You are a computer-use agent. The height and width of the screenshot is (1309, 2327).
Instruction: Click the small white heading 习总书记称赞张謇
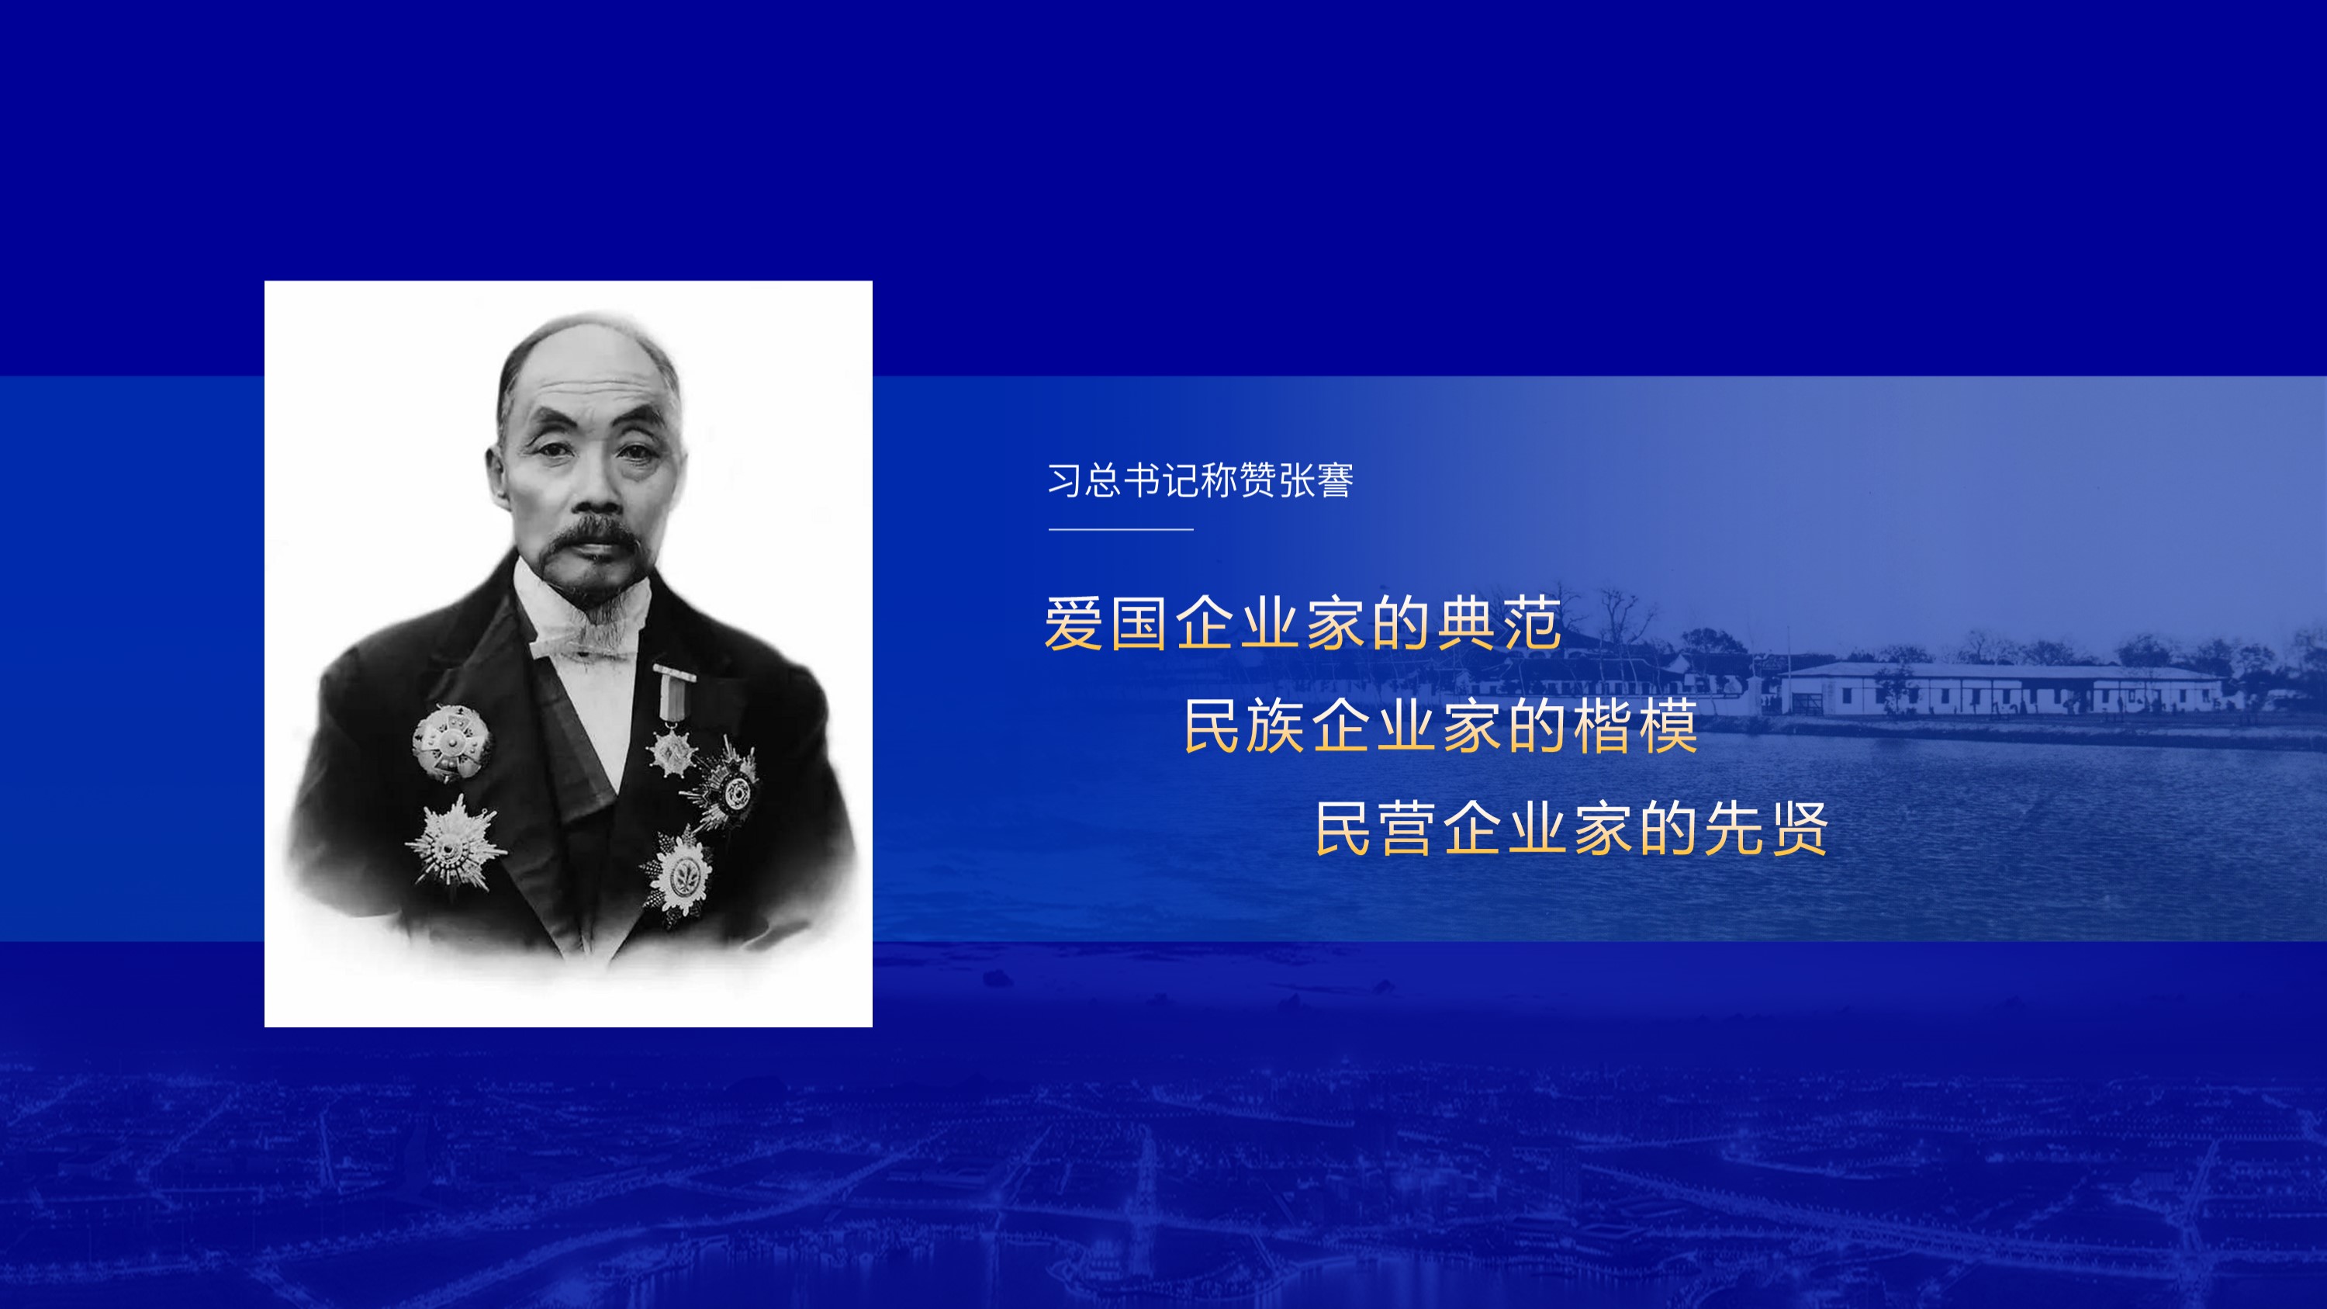click(1201, 480)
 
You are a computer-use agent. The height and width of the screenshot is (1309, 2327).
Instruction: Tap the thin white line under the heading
click(1121, 529)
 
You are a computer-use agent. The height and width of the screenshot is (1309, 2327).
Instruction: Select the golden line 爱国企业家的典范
click(1302, 623)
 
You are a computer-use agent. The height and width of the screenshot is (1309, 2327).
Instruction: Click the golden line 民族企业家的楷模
click(1441, 726)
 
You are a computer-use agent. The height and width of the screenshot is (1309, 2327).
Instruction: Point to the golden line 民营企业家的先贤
click(1572, 829)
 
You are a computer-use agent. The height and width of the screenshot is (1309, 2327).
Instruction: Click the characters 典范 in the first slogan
click(1499, 623)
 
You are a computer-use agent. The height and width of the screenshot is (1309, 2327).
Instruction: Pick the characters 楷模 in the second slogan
click(1636, 726)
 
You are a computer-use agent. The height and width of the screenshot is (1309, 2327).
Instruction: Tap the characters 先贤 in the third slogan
click(1767, 829)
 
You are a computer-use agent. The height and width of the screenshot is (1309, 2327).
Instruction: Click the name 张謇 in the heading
click(1316, 480)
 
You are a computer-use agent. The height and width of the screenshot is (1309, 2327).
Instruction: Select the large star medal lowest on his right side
click(455, 843)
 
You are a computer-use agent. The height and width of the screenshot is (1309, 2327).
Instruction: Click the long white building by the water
click(2001, 688)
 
